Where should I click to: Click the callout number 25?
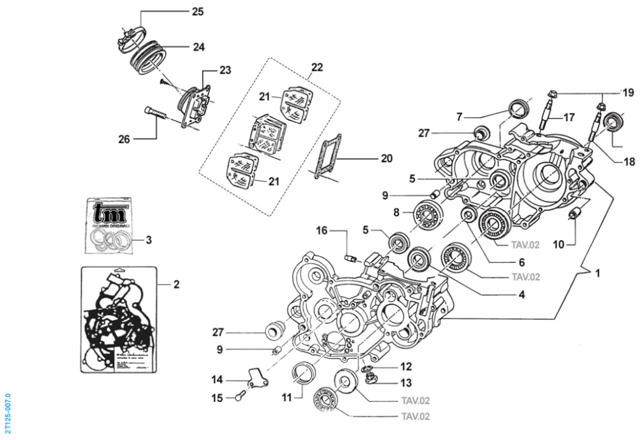[x=198, y=11]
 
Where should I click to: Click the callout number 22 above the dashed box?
[x=317, y=67]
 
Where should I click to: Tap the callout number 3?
[x=149, y=239]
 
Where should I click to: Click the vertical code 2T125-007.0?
[x=7, y=414]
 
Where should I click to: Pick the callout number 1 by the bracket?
[x=598, y=272]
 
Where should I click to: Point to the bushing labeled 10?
[x=574, y=214]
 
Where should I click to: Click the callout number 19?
[x=628, y=93]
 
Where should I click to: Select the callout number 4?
[x=520, y=295]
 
